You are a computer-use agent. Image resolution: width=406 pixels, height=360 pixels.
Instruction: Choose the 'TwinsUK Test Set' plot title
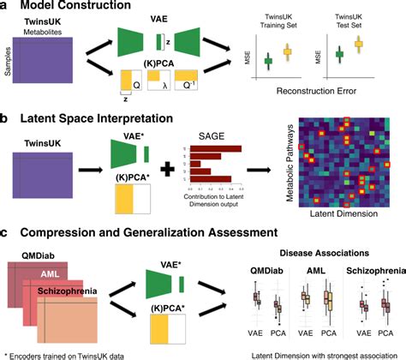coord(358,21)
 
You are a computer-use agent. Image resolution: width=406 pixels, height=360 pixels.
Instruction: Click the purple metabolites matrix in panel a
coord(51,62)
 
